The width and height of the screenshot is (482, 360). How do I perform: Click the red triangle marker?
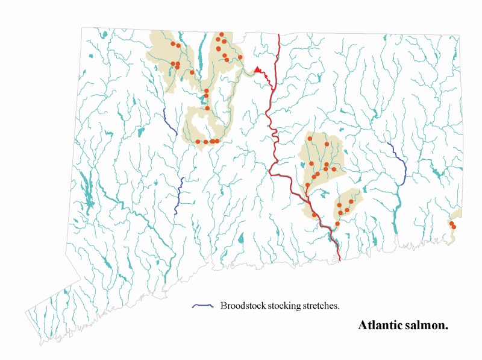(258, 70)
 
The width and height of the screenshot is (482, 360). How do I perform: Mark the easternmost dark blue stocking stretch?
(399, 162)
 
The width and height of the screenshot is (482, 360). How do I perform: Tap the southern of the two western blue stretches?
(179, 197)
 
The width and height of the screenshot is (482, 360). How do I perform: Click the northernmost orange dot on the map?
(222, 34)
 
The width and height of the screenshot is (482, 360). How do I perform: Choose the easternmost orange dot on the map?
(454, 227)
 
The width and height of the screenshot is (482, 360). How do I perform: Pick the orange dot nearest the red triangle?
(240, 57)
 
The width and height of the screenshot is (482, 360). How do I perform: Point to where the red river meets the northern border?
(279, 35)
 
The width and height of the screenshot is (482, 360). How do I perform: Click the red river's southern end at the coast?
(339, 259)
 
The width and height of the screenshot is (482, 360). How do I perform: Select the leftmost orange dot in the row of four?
(198, 141)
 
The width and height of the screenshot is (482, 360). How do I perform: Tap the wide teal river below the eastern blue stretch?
(398, 199)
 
